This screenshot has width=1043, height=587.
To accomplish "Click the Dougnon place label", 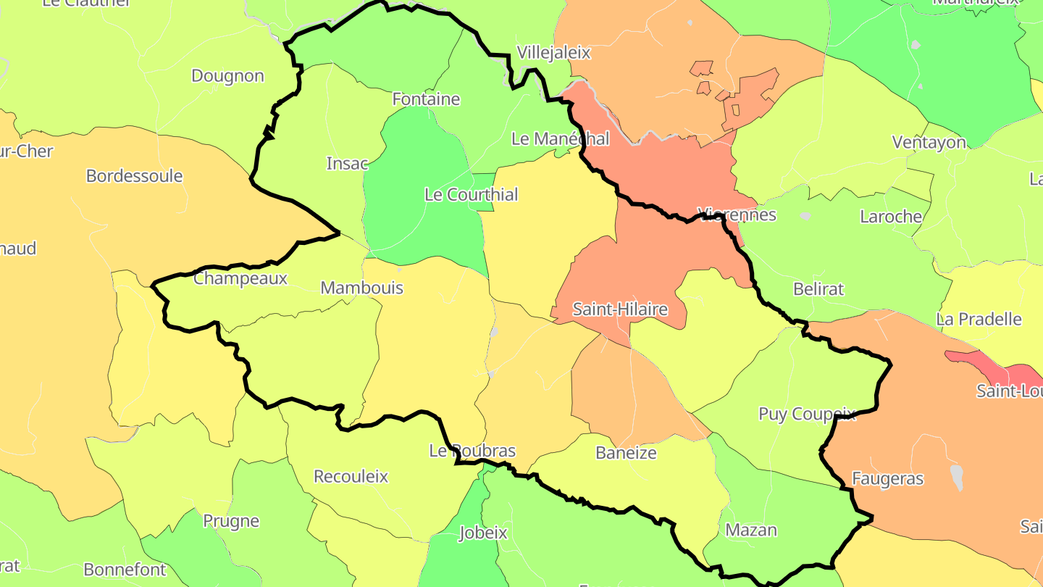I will [x=227, y=76].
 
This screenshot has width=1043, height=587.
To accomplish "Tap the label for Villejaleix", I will [x=553, y=52].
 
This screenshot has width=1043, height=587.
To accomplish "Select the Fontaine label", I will [x=426, y=99].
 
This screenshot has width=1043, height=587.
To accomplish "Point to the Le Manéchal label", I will [x=560, y=138].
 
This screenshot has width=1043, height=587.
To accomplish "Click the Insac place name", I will [x=347, y=164].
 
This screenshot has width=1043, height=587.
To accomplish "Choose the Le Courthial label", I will [x=471, y=195].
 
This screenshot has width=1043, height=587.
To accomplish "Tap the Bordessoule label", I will [x=134, y=176].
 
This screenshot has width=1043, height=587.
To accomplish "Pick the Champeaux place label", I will [x=240, y=278].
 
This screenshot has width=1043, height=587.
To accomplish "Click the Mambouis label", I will [x=361, y=288].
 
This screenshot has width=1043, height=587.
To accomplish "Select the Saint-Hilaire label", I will [x=619, y=310].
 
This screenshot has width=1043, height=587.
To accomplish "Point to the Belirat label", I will [x=818, y=289].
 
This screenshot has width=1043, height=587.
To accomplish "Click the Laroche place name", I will [x=890, y=217].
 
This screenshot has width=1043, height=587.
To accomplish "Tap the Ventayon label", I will [x=929, y=143].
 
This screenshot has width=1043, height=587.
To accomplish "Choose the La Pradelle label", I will [x=979, y=320].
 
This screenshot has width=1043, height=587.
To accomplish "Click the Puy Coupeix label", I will [x=807, y=415].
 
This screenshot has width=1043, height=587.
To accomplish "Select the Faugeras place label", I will [x=887, y=479].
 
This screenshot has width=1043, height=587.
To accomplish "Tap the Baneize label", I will [x=626, y=454].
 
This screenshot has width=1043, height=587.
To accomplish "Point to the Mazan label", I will [x=751, y=530].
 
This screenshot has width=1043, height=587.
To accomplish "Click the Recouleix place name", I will [x=351, y=477].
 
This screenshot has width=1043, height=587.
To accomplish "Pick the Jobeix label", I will [x=483, y=534].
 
